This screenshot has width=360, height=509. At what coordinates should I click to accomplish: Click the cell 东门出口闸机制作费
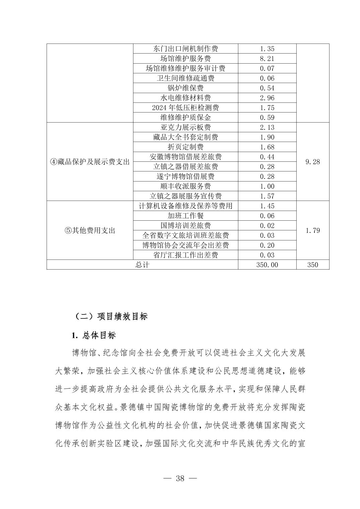[x=185, y=49]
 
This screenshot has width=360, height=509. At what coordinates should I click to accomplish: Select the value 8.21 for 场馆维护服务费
[x=267, y=59]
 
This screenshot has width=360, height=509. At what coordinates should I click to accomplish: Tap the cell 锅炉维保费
[x=185, y=88]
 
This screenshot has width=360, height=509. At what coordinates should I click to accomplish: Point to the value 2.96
[x=267, y=98]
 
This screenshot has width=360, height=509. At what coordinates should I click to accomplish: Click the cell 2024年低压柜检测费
[x=185, y=108]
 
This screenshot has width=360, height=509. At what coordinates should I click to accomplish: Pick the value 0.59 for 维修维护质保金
[x=267, y=118]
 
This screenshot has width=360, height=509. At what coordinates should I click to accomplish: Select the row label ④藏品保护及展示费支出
[x=89, y=162]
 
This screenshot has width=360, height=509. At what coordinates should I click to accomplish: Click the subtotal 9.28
[x=312, y=162]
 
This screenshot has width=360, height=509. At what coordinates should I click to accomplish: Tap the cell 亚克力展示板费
[x=185, y=128]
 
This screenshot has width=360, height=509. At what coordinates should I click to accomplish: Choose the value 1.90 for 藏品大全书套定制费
[x=267, y=137]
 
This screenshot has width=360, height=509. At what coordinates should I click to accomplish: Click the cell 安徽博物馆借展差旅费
[x=185, y=157]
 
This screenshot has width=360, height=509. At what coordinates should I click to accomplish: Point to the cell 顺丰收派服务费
[x=185, y=186]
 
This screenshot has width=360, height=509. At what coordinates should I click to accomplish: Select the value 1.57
[x=267, y=196]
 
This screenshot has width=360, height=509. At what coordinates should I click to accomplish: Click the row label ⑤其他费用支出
[x=89, y=231]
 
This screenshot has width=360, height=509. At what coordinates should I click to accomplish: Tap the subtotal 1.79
[x=312, y=231]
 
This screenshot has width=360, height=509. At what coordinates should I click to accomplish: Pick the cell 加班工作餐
[x=185, y=216]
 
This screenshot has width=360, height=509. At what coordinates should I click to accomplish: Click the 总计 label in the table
[x=142, y=265]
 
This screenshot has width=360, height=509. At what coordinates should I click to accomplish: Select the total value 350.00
[x=267, y=265]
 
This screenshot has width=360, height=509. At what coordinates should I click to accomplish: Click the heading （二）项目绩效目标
[x=110, y=316]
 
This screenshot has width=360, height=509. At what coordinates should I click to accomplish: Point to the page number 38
[x=180, y=479]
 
